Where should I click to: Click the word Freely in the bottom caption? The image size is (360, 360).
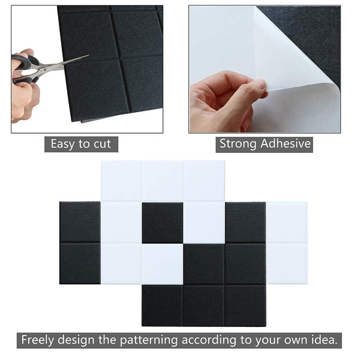pyautogui.click(x=40, y=340)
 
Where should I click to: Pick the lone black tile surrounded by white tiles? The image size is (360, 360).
pyautogui.click(x=162, y=223)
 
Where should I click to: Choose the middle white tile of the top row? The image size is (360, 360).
pyautogui.click(x=162, y=181)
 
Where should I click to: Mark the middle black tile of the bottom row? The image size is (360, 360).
pyautogui.click(x=203, y=305)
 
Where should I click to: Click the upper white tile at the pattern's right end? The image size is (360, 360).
pyautogui.click(x=286, y=223)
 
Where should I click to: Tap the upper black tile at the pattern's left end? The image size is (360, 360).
pyautogui.click(x=80, y=223)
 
